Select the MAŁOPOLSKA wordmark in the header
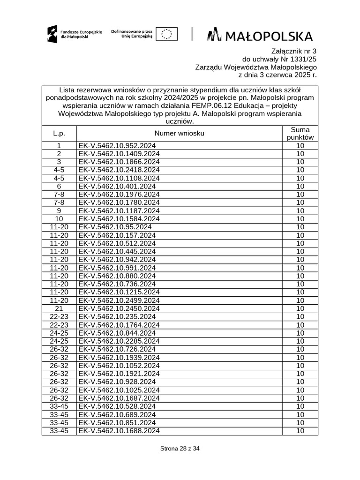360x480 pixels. (260, 35)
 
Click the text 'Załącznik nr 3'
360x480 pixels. (294, 51)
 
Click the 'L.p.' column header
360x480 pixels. (59, 134)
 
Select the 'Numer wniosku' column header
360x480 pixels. (180, 134)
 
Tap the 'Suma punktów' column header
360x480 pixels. (300, 134)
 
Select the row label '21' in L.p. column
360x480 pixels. (59, 308)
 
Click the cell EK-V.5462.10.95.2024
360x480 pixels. (115, 227)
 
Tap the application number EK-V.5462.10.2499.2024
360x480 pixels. (119, 300)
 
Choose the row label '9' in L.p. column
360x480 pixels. (59, 210)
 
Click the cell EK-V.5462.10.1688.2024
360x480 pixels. (119, 431)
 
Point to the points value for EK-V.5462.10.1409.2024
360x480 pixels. (300, 154)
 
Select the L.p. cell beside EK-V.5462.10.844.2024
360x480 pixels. (59, 333)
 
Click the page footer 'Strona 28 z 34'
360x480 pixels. (180, 449)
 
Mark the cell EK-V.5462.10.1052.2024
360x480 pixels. (119, 366)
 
